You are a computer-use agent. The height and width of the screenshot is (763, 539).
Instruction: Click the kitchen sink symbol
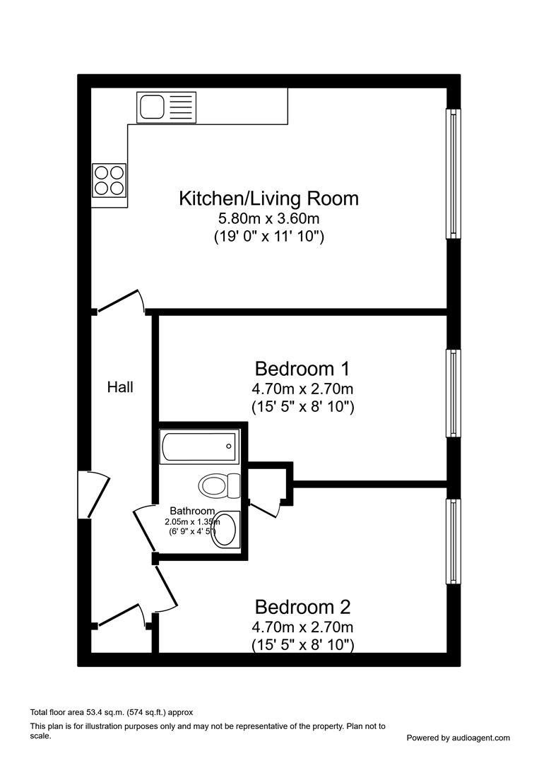(x=166, y=108)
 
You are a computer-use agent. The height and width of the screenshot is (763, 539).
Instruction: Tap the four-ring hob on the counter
(x=109, y=179)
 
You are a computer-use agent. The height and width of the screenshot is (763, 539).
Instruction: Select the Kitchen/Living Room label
(x=268, y=199)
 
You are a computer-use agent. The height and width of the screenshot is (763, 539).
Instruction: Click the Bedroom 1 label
(x=302, y=369)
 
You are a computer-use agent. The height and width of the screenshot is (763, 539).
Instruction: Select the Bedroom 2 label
(x=302, y=607)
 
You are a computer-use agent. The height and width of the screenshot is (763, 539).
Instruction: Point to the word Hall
(x=120, y=387)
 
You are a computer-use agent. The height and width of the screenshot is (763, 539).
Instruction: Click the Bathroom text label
(x=191, y=511)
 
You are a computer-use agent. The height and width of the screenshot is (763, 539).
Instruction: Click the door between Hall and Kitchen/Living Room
(x=120, y=301)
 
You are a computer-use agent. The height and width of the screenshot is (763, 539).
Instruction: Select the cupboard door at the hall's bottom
(x=120, y=615)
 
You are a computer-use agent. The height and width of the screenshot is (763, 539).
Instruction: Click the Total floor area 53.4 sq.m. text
(x=111, y=712)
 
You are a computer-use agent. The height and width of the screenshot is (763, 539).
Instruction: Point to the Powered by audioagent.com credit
(x=458, y=738)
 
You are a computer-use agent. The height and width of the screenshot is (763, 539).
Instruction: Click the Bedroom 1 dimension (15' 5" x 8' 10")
(x=302, y=407)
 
